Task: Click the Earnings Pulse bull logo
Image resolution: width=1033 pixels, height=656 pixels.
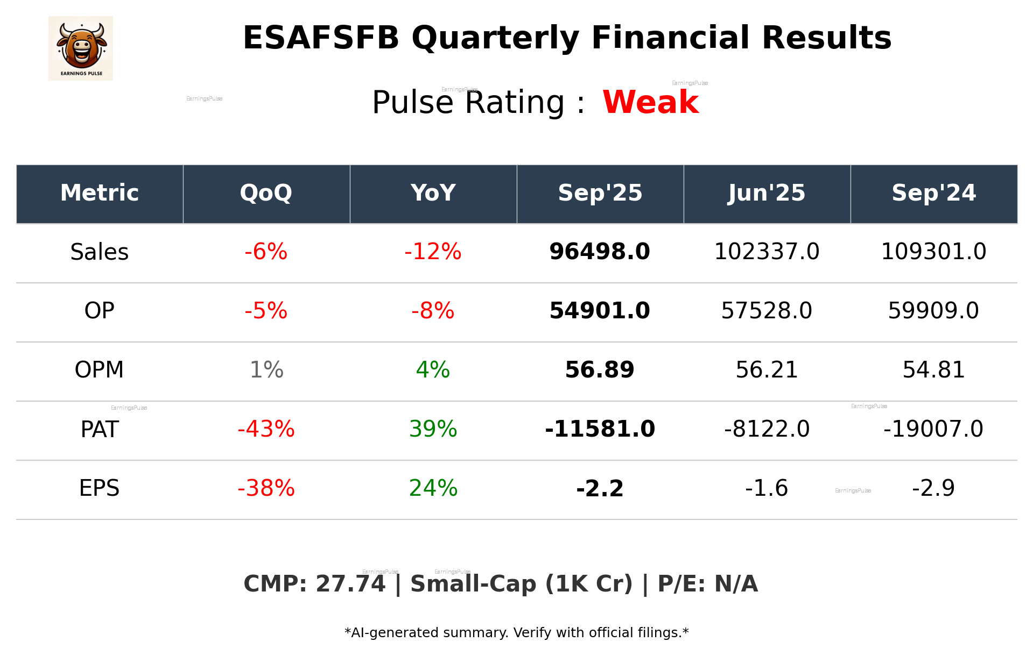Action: point(81,48)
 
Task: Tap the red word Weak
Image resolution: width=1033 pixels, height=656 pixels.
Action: point(650,102)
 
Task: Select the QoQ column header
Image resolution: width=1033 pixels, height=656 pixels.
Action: point(266,193)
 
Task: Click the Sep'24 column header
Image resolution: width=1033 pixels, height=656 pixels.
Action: point(933,193)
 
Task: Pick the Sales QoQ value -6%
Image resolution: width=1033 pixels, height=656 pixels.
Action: point(266,252)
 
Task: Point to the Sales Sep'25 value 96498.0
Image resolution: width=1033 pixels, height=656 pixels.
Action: point(600,252)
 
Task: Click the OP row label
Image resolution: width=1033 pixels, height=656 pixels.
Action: point(100,311)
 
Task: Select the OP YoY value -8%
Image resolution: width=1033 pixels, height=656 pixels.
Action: point(433,311)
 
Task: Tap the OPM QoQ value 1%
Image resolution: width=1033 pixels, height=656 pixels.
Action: point(266,370)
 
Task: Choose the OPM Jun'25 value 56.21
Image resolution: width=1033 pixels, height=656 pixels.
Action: point(767,370)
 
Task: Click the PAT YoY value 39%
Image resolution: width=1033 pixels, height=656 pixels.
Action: point(433,429)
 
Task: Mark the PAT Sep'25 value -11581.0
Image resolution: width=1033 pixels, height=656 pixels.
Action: point(600,429)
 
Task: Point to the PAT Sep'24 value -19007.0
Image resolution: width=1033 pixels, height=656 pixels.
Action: point(933,429)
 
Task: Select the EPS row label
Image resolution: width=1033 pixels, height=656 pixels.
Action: point(100,488)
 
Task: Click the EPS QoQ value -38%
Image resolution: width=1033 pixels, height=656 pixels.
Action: point(266,488)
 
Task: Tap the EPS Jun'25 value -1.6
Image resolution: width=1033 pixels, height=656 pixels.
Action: point(767,488)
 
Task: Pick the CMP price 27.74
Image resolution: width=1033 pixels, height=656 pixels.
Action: point(350,584)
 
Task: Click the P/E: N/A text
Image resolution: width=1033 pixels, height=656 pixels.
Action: point(707,584)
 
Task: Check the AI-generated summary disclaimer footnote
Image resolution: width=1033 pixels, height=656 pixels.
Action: point(516,633)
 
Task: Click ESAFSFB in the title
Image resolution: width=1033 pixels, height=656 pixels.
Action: point(321,38)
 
